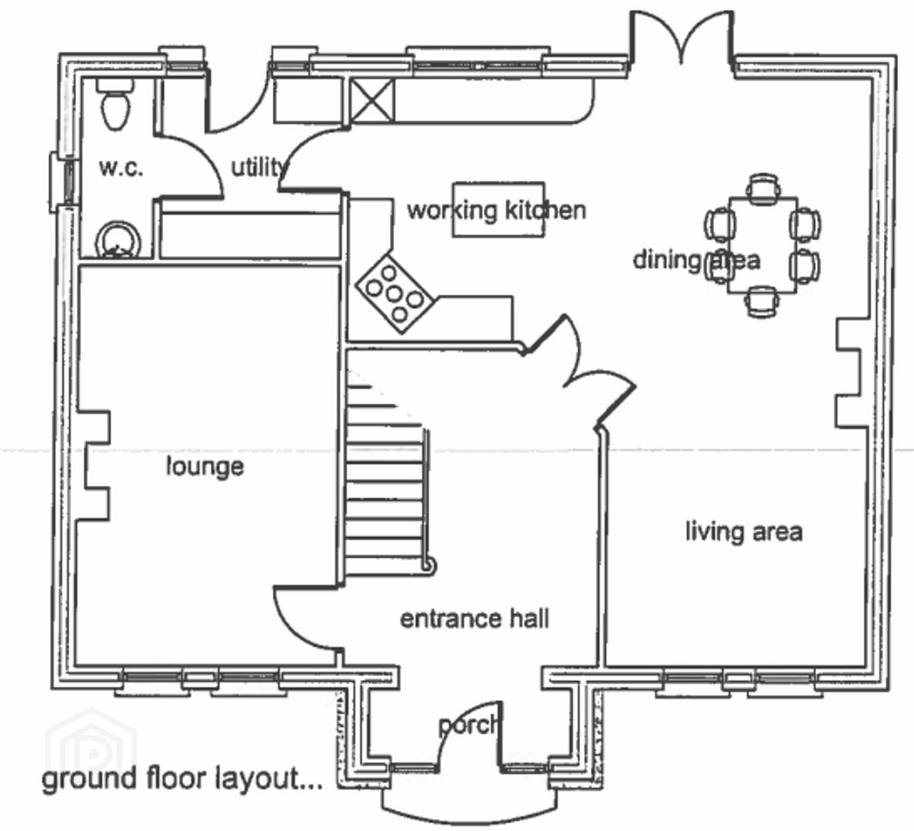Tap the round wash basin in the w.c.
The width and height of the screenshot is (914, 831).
coord(118,239)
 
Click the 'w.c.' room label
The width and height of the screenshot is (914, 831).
coord(121,169)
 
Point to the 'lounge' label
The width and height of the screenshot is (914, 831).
coord(205,466)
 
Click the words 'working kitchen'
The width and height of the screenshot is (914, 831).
coord(497,211)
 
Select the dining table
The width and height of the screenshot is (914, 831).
coord(762,245)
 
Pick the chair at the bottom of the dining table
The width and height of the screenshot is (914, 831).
coord(762,302)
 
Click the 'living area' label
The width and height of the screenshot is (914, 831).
coord(744,532)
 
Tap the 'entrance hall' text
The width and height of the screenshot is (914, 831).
coord(475,619)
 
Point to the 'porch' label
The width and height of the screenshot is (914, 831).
coord(469,726)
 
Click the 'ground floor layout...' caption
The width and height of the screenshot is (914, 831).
coord(182,779)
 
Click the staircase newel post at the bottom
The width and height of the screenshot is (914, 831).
coord(430,566)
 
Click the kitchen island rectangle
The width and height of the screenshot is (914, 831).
coord(499,209)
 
